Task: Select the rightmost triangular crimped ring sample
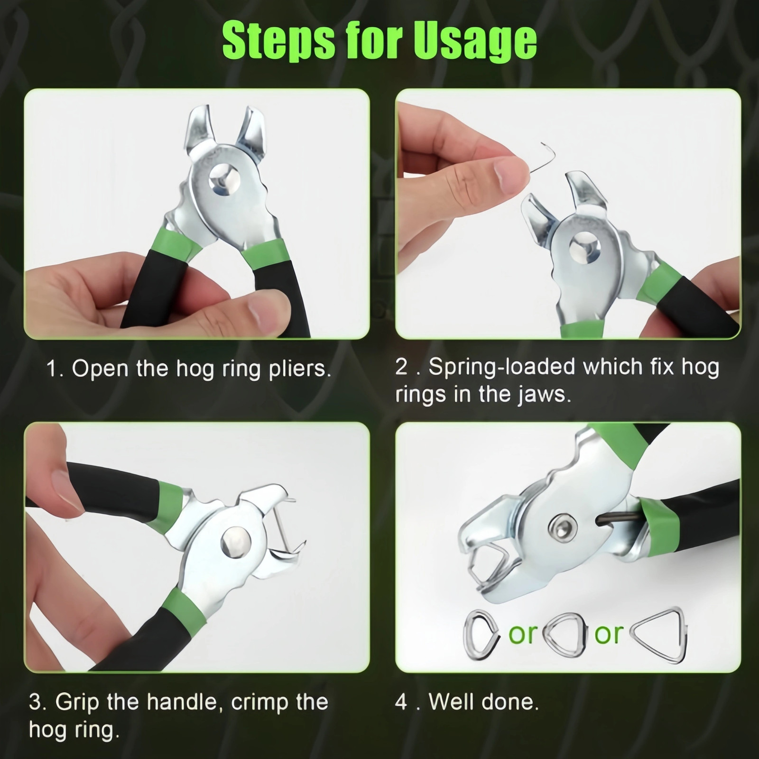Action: [659, 635]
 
